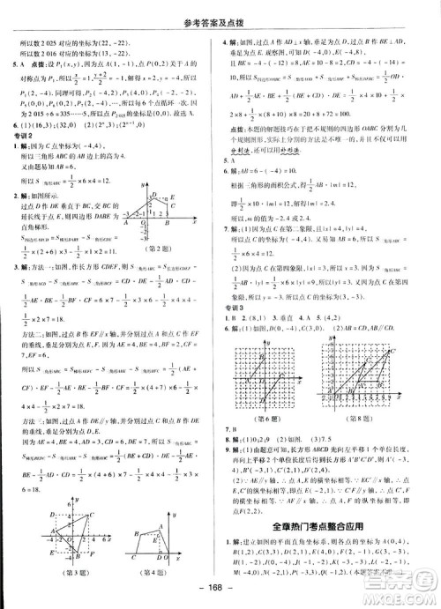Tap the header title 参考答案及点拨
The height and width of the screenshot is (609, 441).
pos(221,10)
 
